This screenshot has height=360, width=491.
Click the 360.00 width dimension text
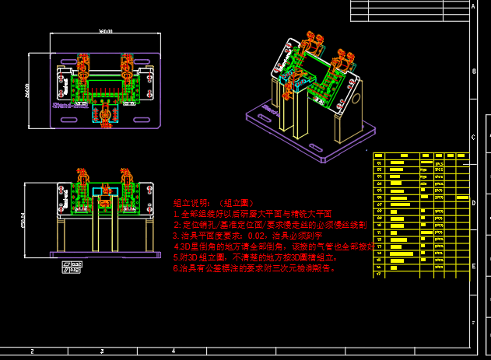(105, 32)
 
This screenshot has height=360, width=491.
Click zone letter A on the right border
(473, 6)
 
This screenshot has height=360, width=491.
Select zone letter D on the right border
(473, 202)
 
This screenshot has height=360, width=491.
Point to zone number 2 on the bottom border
(32, 351)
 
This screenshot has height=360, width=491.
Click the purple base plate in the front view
(105, 254)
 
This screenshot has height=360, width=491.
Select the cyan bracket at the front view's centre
(103, 190)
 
